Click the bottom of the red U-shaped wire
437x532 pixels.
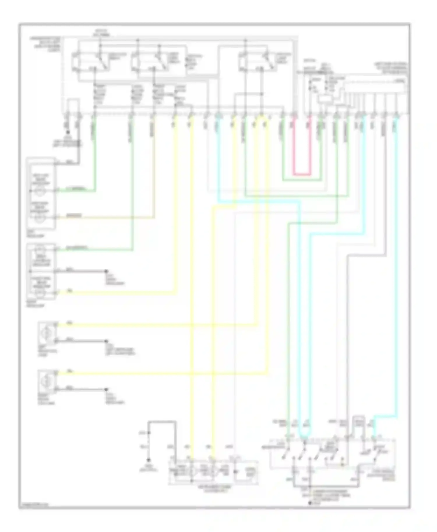tap(302, 175)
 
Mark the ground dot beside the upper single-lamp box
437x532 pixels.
tap(106, 341)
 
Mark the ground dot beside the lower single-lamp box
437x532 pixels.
tap(106, 389)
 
